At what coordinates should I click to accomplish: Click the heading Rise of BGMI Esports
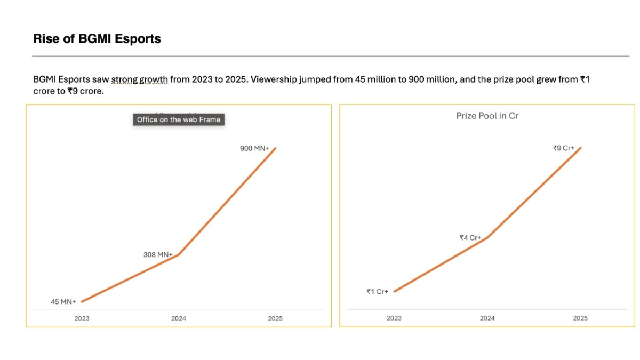[x=97, y=39]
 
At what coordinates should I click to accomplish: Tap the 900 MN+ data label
[x=255, y=148]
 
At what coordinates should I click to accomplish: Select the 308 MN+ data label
[x=158, y=255]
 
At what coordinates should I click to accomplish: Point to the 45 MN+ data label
[x=63, y=302]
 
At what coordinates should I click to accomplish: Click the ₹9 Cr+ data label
[x=563, y=148]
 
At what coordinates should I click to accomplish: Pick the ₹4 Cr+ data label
[x=470, y=238]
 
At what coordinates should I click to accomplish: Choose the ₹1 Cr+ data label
[x=377, y=292]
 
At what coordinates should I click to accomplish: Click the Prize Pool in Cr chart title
[x=487, y=116]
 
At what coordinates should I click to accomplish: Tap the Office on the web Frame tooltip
[x=178, y=120]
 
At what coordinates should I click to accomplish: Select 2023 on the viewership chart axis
[x=82, y=318]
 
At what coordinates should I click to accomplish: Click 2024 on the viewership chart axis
[x=178, y=318]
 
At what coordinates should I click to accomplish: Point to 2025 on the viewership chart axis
[x=275, y=318]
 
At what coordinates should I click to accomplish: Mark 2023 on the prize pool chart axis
[x=394, y=318]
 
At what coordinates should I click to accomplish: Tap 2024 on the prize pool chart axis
[x=487, y=318]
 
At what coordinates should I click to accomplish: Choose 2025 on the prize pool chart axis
[x=580, y=318]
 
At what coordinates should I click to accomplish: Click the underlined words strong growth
[x=139, y=80]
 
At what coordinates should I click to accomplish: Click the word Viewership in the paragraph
[x=272, y=80]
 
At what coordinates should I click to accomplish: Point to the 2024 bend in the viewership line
[x=179, y=254]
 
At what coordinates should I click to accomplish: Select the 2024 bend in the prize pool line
[x=487, y=237]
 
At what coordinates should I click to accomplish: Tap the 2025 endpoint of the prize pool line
[x=580, y=148]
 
